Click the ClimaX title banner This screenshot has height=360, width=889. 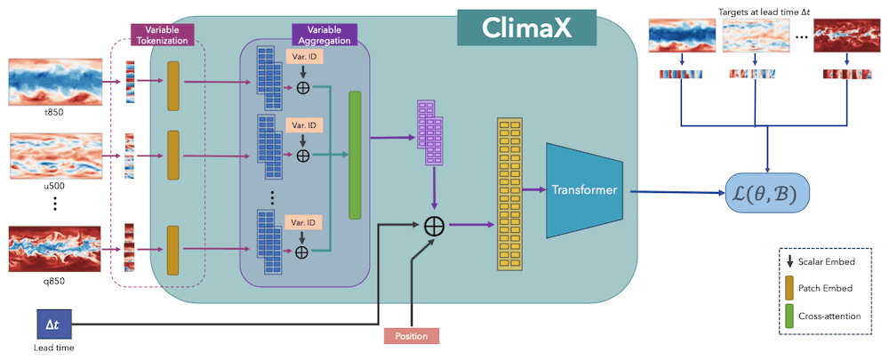pos(526,28)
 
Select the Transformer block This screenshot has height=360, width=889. pos(583,190)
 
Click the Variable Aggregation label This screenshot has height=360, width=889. pos(324,35)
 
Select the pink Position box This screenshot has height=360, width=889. pos(412,336)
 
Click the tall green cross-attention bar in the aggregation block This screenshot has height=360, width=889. pos(355,155)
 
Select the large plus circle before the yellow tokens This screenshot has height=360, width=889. pos(435,225)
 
